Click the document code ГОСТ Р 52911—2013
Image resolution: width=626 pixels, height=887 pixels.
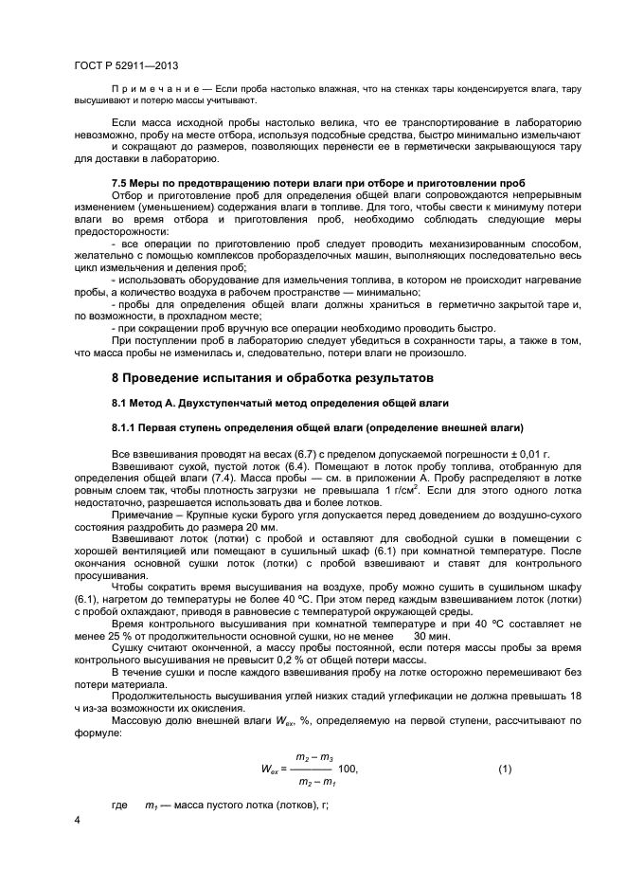click(x=126, y=65)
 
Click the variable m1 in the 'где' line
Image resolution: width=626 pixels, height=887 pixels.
click(x=150, y=805)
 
